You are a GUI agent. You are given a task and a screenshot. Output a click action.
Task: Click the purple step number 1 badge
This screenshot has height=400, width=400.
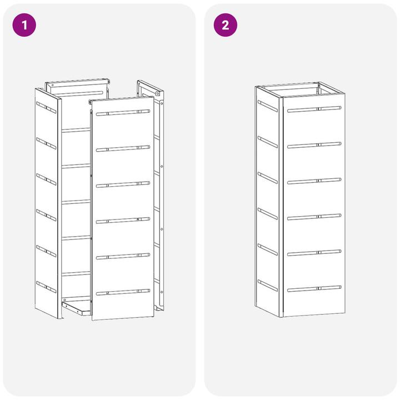pos(24,25)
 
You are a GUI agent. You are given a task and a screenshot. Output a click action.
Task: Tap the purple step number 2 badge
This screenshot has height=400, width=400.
pos(225,25)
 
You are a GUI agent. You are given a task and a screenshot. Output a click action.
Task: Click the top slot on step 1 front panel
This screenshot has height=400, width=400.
pos(123,112)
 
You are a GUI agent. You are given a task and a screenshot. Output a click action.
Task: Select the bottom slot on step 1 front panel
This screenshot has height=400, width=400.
pos(123,292)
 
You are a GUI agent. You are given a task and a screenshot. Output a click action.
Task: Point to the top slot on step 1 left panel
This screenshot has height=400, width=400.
pos(46,107)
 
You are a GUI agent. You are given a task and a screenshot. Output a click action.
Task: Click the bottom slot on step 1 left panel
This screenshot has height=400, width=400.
pos(46,287)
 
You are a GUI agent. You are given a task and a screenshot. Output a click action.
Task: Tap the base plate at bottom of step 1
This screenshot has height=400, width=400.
pos(77,308)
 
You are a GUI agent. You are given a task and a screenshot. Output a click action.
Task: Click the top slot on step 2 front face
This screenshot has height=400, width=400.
pos(314,109)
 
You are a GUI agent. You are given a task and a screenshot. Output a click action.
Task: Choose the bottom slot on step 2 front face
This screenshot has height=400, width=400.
pos(314,289)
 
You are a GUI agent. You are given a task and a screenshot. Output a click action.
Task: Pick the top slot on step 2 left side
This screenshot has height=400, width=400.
pos(268,106)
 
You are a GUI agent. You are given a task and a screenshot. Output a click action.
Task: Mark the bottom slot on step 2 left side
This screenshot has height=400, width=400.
pos(268,286)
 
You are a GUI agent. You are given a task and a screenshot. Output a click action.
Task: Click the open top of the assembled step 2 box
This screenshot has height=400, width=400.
pos(300,89)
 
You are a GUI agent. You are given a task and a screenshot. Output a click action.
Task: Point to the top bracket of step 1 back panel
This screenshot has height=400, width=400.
pos(78,83)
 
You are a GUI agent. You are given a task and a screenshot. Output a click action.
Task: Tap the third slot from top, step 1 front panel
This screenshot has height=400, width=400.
pos(123,184)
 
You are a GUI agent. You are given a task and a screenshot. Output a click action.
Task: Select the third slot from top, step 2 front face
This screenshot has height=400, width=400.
pos(314,181)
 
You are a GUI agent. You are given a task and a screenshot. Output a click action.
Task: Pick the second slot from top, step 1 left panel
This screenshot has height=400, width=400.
pos(46,143)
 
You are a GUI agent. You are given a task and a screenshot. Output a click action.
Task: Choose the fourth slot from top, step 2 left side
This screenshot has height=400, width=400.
pos(268,214)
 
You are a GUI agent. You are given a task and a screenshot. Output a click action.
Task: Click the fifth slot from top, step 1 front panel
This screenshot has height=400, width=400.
pos(123,256)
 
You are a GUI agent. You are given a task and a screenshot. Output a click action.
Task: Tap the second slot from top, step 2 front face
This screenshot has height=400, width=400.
pos(314,145)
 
